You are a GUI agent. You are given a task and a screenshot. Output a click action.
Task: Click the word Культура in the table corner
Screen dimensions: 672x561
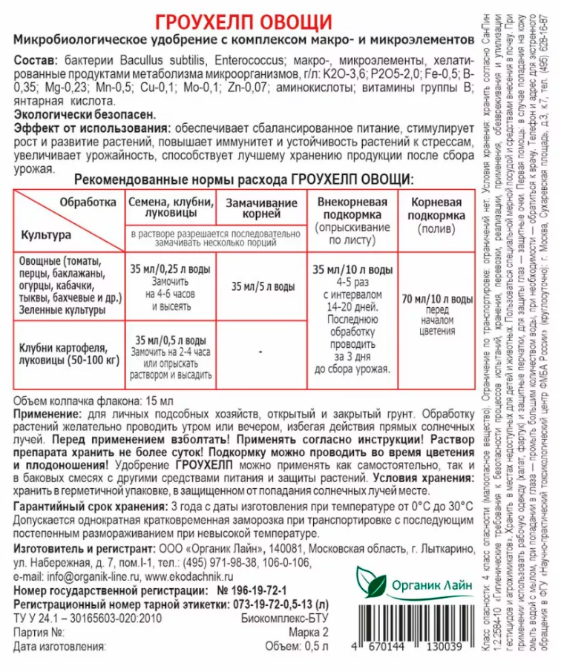[46, 234]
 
